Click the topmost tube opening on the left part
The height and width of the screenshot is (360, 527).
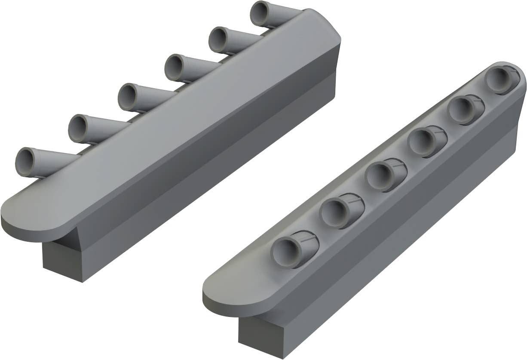click(260, 13)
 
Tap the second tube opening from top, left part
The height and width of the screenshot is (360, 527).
click(218, 40)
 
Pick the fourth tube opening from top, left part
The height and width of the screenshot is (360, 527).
click(128, 97)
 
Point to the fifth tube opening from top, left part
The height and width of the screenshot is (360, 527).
click(78, 129)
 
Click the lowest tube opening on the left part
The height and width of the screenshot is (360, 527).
click(26, 162)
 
